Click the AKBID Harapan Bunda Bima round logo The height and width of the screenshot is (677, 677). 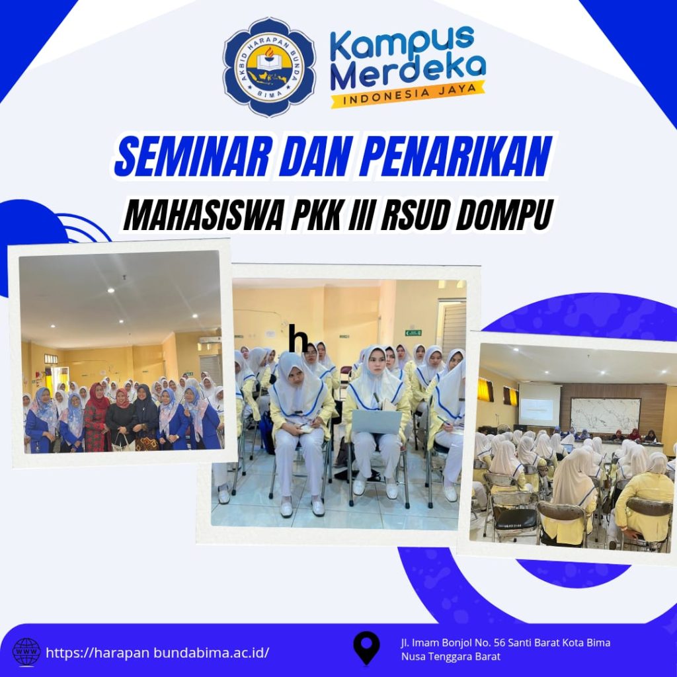point(270,67)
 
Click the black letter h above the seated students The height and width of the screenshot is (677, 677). point(299,338)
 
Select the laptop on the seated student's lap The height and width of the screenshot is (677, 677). point(377,422)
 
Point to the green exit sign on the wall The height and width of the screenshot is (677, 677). point(413,333)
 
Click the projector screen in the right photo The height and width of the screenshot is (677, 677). point(539,404)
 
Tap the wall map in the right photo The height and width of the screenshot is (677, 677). point(606,415)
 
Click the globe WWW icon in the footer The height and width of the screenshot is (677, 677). point(26,652)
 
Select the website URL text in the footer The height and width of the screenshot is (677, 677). point(157,652)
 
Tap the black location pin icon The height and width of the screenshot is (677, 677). point(366,648)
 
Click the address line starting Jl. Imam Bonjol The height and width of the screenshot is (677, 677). point(506,643)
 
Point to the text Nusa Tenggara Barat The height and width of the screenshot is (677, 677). point(451,657)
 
